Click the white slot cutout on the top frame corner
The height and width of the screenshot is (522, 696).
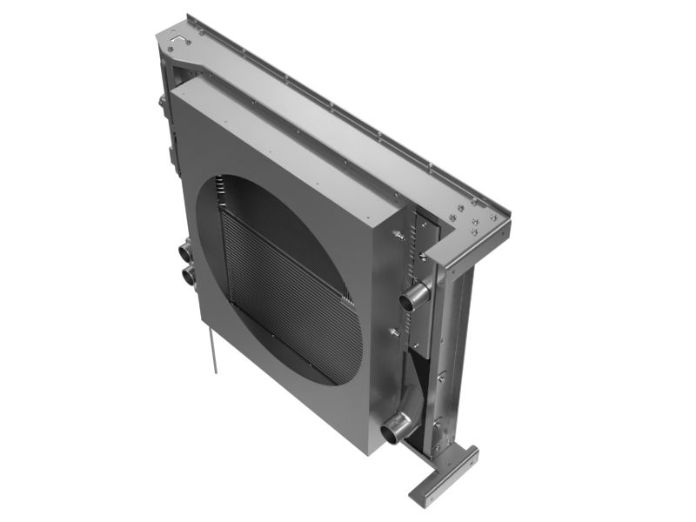tap(179, 39)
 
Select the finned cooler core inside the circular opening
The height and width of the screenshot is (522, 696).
tap(287, 296)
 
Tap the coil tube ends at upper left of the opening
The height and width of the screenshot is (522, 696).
tap(222, 187)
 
